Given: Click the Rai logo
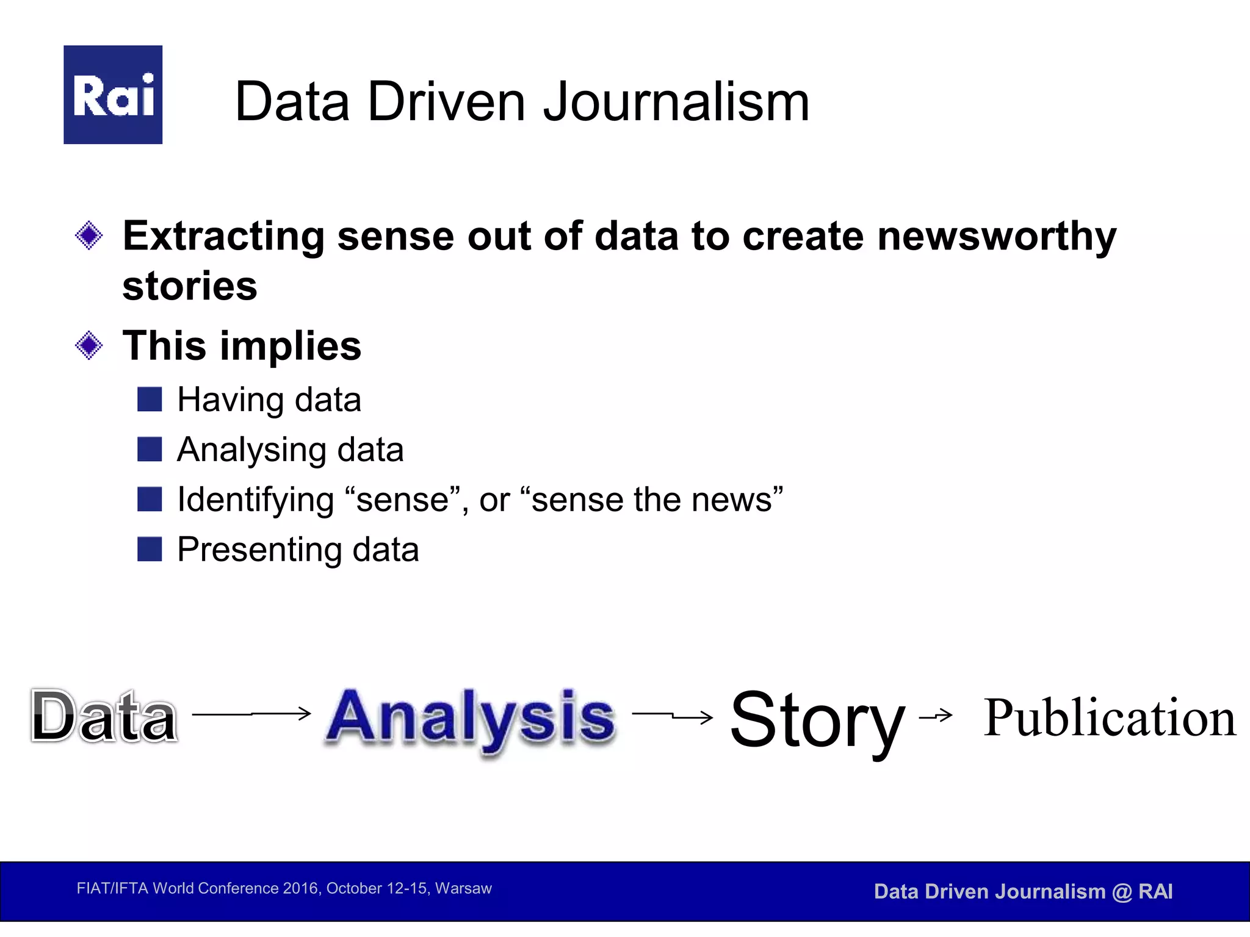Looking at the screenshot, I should click(113, 95).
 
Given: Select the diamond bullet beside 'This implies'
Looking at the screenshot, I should click(89, 346).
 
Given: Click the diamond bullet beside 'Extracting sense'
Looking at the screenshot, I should click(89, 235).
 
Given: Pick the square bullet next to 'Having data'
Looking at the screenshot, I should click(150, 400).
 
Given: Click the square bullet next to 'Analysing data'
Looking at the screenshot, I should click(150, 450).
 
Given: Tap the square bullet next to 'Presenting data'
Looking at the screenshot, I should click(150, 549).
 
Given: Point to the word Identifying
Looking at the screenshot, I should click(255, 500).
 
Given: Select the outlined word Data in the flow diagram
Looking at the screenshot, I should click(104, 717).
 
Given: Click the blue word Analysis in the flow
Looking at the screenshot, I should click(471, 718).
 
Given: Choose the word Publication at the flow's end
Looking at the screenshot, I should click(1110, 718).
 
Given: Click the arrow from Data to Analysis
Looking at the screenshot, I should click(251, 713).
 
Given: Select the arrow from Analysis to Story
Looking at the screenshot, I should click(673, 716).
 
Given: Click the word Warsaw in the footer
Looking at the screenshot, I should click(463, 888).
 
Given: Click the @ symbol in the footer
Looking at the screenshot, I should click(1122, 892).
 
